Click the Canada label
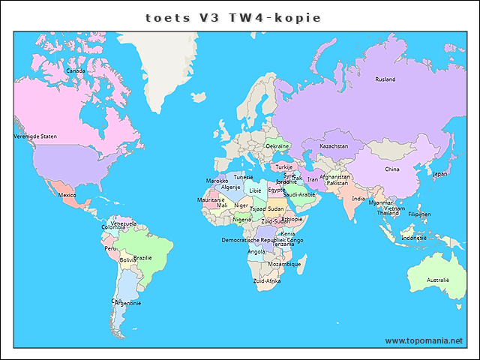[x=75, y=70]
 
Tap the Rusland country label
[x=385, y=79]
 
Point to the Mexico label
[x=67, y=195]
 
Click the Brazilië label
[x=142, y=257]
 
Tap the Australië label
[x=437, y=280]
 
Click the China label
[x=392, y=169]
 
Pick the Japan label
[x=440, y=174]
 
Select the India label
[x=358, y=199]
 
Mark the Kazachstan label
[x=334, y=145]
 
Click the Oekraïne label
[x=278, y=145]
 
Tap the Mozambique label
[x=284, y=264]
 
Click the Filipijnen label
[x=419, y=214]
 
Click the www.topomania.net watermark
[x=424, y=340]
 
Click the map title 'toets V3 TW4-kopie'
[x=239, y=16]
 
